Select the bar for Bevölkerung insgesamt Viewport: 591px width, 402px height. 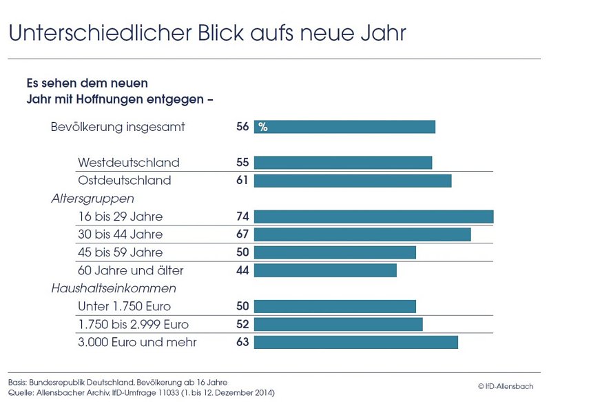point(344,127)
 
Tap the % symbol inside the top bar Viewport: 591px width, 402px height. point(262,127)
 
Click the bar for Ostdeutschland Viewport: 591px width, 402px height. point(353,181)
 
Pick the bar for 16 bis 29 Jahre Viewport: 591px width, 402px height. point(373,217)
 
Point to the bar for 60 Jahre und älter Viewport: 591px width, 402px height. point(325,270)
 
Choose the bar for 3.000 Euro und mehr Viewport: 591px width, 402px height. point(355,342)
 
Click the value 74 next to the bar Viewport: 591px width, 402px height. point(242,217)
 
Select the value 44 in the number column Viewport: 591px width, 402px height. point(242,270)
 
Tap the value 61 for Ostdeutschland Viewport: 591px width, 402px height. point(242,181)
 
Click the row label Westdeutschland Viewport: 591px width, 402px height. point(128,163)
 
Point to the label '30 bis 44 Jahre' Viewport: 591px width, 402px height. point(121,234)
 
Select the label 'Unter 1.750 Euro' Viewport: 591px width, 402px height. point(124,306)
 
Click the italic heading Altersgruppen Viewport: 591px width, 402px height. point(92,199)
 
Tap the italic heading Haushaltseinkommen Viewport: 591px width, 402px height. point(114,288)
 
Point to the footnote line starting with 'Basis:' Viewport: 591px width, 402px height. point(117,382)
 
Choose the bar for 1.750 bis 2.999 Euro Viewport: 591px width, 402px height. point(338,324)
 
